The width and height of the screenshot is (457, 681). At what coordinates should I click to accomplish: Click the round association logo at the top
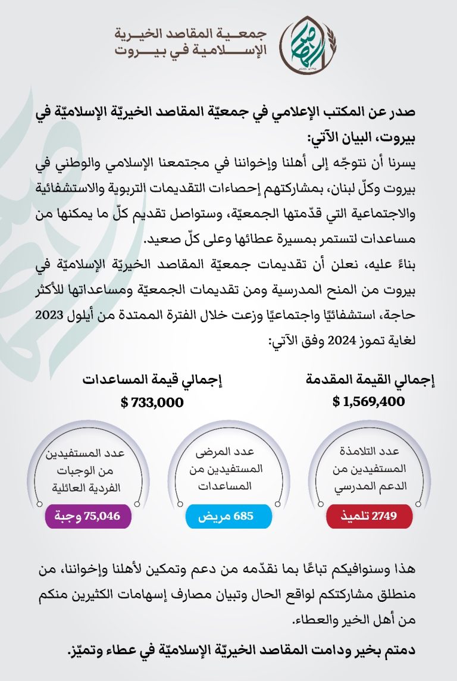[303, 43]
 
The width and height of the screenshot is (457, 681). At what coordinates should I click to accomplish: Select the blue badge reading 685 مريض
[229, 516]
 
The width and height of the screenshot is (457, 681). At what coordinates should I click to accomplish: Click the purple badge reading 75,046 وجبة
[87, 516]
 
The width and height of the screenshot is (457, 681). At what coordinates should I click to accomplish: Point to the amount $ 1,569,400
[369, 402]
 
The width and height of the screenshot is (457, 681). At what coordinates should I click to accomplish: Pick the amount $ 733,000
[152, 402]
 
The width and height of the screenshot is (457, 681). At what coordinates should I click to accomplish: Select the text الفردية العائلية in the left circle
[88, 488]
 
